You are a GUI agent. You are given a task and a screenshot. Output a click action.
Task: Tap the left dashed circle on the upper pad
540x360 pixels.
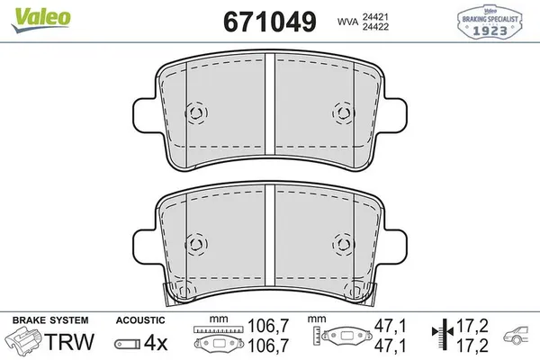[195, 112]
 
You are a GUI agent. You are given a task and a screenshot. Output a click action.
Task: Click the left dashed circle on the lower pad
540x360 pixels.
[195, 242]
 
